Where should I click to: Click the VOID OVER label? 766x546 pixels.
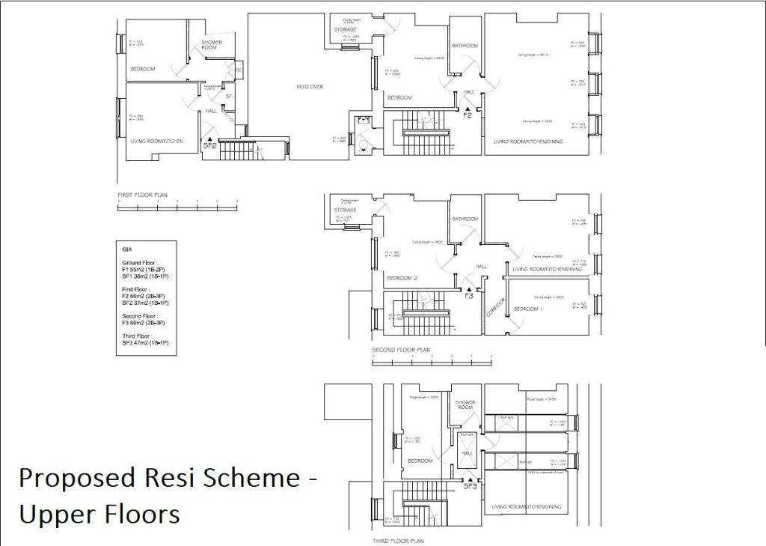point(310,87)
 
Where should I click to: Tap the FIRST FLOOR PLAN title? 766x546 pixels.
point(143,193)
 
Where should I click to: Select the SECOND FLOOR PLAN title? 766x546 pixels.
point(402,349)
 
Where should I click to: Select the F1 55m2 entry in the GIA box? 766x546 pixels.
point(146,270)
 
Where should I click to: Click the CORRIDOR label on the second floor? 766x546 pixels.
point(494,308)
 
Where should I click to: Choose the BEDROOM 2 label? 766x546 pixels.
point(401,278)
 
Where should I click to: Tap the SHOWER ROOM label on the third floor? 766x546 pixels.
point(465,404)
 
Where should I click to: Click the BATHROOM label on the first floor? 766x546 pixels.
point(465,46)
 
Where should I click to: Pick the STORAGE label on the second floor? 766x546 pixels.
point(345,210)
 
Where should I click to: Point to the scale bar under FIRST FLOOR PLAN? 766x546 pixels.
point(177,203)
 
